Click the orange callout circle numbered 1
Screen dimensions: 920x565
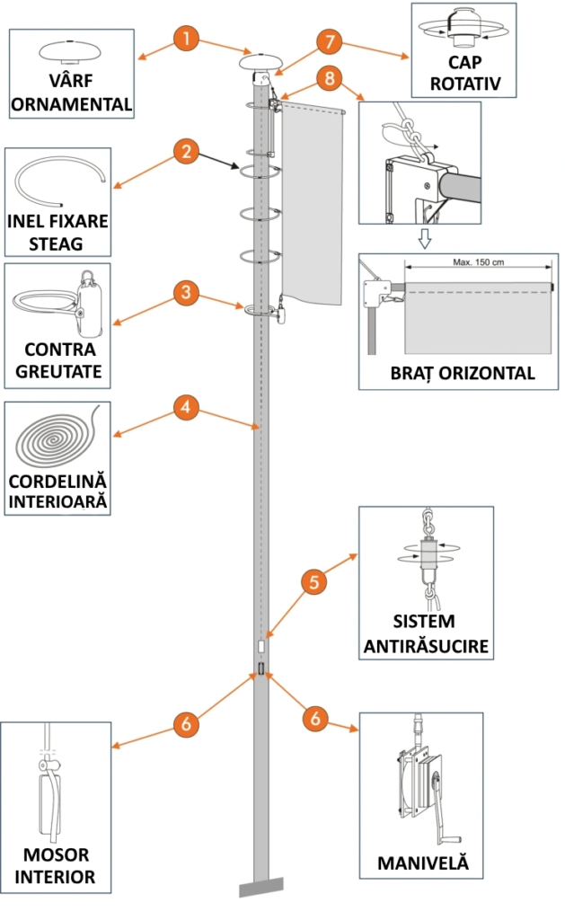click(185, 40)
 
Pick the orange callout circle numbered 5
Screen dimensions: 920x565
click(314, 582)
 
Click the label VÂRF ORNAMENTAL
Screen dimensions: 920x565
click(72, 93)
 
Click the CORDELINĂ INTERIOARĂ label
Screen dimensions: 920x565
click(58, 490)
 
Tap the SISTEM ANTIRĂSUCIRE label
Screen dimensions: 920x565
click(427, 633)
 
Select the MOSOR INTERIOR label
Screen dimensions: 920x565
click(57, 866)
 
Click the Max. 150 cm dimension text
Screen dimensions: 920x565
click(478, 263)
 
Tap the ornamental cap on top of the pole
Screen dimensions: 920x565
click(260, 65)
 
